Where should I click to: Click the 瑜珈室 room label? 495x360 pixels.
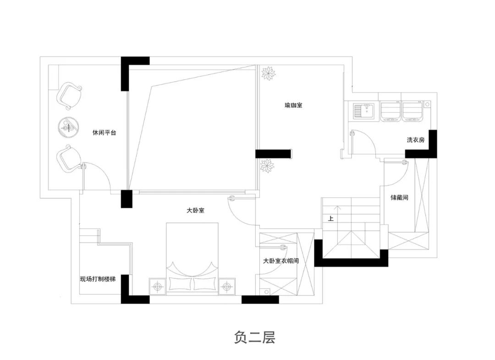click(293, 105)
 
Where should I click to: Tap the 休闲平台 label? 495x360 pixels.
click(104, 133)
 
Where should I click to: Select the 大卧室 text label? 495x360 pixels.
click(195, 210)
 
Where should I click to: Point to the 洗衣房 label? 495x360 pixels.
click(415, 140)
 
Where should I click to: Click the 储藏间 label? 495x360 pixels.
click(399, 198)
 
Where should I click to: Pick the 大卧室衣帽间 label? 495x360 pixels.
click(280, 261)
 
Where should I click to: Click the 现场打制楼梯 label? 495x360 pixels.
click(98, 279)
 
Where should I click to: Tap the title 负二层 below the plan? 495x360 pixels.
click(254, 337)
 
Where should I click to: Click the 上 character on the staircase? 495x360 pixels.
click(330, 218)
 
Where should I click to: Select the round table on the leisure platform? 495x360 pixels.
click(68, 127)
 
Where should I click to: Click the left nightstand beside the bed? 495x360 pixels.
click(158, 287)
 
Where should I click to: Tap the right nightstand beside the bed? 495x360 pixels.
click(227, 287)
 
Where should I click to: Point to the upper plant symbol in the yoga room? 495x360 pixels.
click(268, 73)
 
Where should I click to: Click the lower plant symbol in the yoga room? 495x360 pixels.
click(267, 166)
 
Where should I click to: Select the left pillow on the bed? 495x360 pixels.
click(180, 284)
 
